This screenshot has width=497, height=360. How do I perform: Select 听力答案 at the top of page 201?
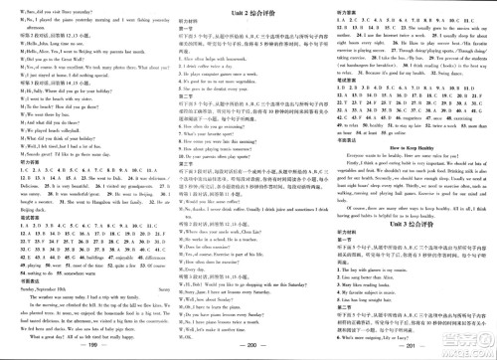[344, 9]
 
